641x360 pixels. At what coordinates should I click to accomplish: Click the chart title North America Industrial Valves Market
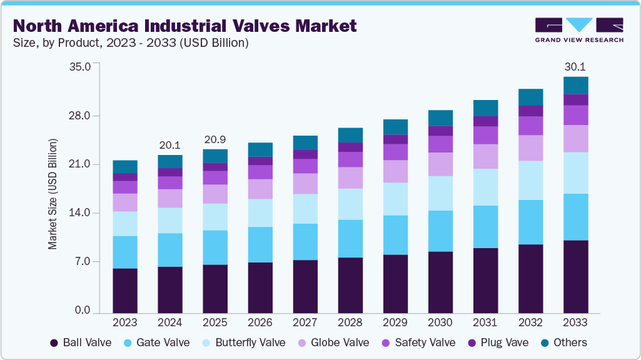click(x=184, y=26)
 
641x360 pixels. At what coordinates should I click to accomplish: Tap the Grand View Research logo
click(x=579, y=30)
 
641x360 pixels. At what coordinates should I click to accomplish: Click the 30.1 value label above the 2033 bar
click(x=575, y=66)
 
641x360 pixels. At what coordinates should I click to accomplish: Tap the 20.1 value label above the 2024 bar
click(x=170, y=145)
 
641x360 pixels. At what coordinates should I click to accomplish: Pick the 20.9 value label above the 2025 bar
click(x=215, y=139)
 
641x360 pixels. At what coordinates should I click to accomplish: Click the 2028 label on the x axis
click(x=350, y=322)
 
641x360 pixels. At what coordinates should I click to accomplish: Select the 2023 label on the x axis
click(x=125, y=322)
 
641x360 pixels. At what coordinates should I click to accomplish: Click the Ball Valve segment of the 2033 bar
click(x=575, y=276)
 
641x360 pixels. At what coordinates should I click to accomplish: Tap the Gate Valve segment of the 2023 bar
click(x=125, y=252)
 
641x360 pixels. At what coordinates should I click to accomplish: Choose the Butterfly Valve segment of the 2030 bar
click(x=440, y=193)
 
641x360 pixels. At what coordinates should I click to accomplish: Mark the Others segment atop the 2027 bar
click(x=305, y=142)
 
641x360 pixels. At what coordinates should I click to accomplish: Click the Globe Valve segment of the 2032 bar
click(x=530, y=148)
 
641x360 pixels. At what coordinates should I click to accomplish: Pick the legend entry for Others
click(x=562, y=342)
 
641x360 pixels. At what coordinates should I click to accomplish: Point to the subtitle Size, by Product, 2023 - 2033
click(x=131, y=43)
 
